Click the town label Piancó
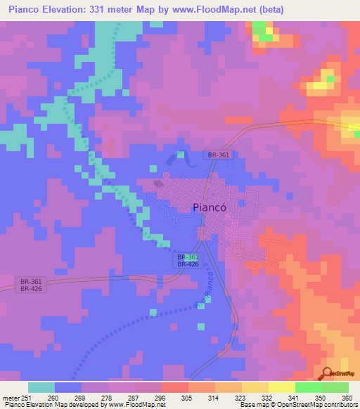209,207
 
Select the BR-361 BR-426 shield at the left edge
30,285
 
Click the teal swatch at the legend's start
41,387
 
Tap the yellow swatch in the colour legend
281,387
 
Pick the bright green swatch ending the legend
335,387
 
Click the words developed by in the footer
90,405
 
